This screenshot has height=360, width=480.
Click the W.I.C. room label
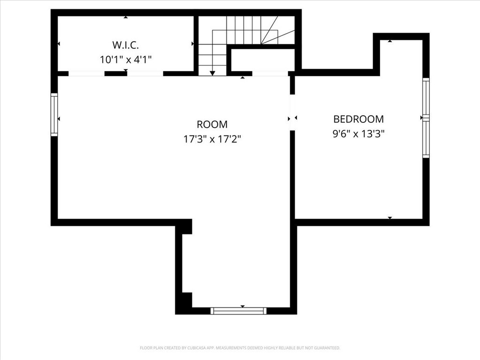click(x=126, y=45)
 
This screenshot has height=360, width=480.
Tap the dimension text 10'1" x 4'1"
click(x=126, y=60)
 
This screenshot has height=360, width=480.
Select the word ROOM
click(x=212, y=125)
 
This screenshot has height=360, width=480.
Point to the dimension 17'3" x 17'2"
click(x=212, y=139)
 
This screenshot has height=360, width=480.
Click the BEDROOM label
click(x=358, y=119)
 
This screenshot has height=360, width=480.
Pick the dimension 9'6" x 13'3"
click(x=358, y=134)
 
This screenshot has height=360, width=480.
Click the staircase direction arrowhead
click(x=212, y=73)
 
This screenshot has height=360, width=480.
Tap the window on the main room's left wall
click(x=54, y=115)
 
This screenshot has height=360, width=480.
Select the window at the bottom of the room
click(x=239, y=310)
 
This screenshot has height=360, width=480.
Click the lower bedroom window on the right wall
click(x=426, y=139)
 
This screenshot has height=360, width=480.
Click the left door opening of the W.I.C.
click(x=86, y=74)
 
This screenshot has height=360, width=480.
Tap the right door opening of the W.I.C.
click(x=145, y=74)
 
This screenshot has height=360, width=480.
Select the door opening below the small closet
click(x=270, y=74)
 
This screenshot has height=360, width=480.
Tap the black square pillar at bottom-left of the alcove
click(x=186, y=300)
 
